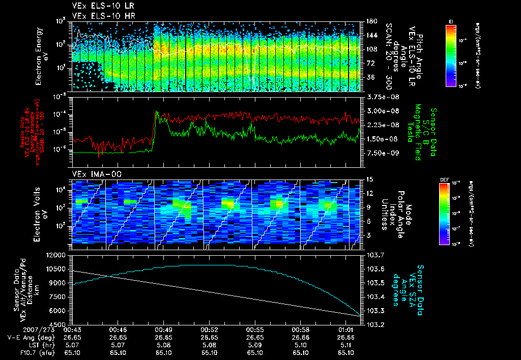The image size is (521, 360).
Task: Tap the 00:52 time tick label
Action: (210, 329)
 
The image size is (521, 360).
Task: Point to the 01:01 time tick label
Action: (346, 329)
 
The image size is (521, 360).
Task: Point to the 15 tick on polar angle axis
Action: (369, 179)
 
